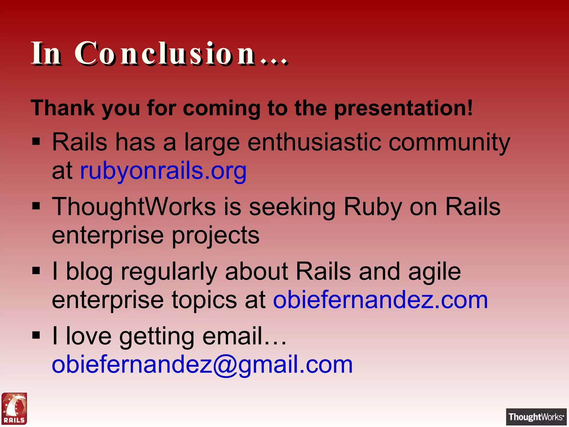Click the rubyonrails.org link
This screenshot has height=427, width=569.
click(163, 170)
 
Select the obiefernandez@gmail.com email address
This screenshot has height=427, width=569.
click(202, 364)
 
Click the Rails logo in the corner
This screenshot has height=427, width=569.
click(14, 408)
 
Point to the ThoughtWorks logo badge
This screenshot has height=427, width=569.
click(536, 417)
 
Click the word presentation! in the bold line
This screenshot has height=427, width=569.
click(403, 108)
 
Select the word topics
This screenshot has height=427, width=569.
click(204, 301)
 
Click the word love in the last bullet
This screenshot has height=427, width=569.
click(89, 336)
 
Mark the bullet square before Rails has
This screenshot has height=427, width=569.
click(36, 141)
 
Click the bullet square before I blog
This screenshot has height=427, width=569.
click(36, 270)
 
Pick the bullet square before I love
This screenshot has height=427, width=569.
click(36, 335)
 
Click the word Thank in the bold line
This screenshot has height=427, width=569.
click(63, 108)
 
